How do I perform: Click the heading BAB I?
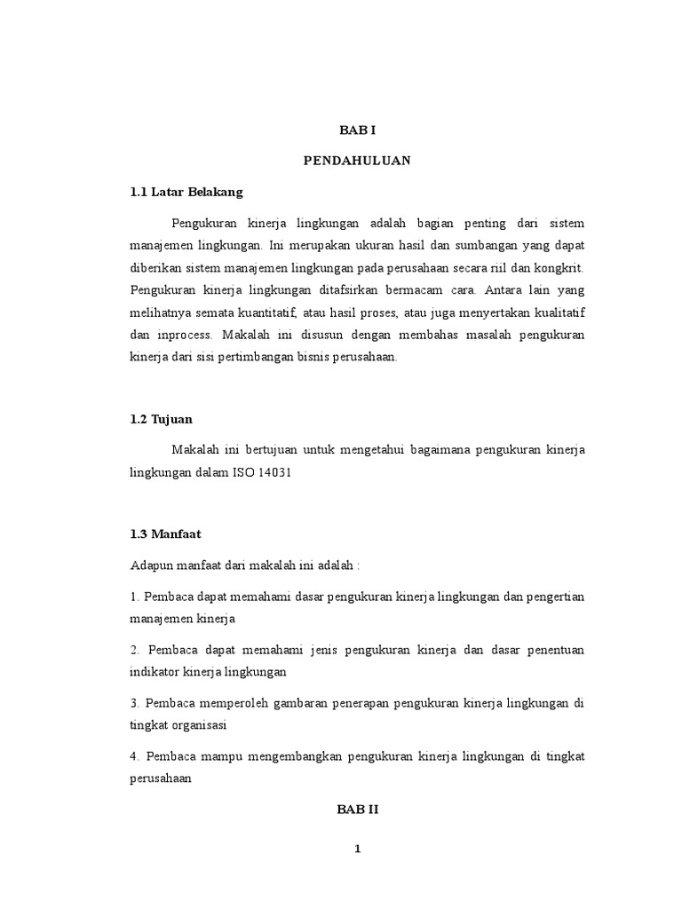click(358, 130)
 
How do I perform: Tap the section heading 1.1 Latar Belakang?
click(186, 192)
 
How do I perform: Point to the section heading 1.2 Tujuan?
click(161, 419)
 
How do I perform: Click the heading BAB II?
click(358, 809)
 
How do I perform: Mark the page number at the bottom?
click(358, 849)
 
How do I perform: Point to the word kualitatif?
click(552, 313)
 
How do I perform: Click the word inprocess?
click(182, 336)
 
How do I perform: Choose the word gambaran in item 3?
click(266, 703)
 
